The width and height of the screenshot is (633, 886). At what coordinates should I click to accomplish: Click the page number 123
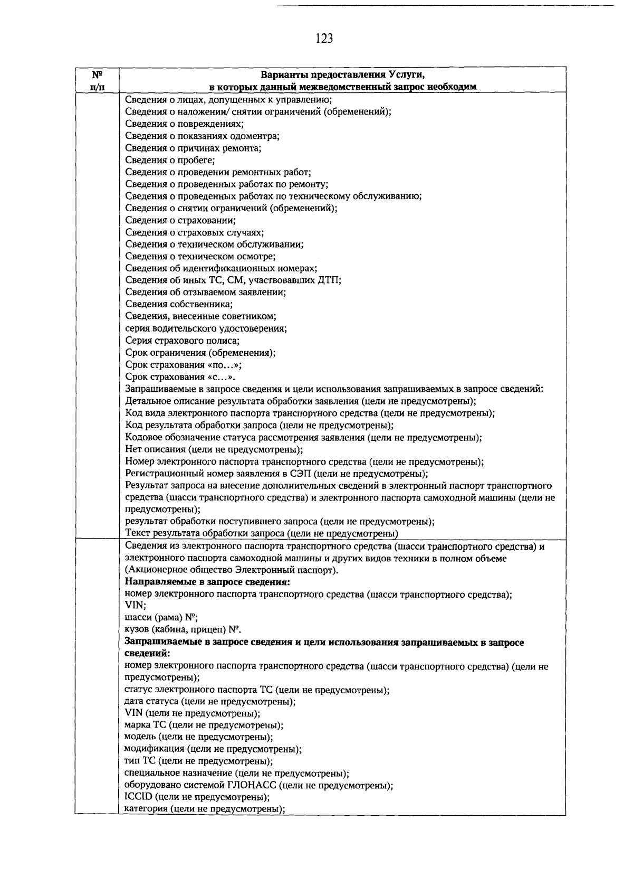[324, 38]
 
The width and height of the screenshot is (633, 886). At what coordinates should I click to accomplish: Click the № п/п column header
[97, 80]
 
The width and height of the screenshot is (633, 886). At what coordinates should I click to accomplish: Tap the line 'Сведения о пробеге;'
[170, 160]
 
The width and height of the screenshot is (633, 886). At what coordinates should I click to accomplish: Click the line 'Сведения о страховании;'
[180, 220]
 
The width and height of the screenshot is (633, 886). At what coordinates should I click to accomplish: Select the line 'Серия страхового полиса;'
[183, 341]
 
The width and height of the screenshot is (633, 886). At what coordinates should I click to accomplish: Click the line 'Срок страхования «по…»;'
[184, 365]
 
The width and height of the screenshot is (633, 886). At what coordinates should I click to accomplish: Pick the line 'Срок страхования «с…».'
[180, 377]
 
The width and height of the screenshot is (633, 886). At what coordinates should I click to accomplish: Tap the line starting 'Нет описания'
[214, 449]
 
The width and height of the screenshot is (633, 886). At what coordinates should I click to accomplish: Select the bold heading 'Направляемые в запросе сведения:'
[208, 582]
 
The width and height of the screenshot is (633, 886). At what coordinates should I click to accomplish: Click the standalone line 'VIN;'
[135, 606]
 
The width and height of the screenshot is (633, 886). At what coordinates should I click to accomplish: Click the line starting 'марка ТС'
[204, 725]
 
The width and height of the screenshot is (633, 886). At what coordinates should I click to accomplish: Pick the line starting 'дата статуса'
[209, 702]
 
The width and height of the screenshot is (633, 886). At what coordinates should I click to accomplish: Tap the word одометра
[257, 136]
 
